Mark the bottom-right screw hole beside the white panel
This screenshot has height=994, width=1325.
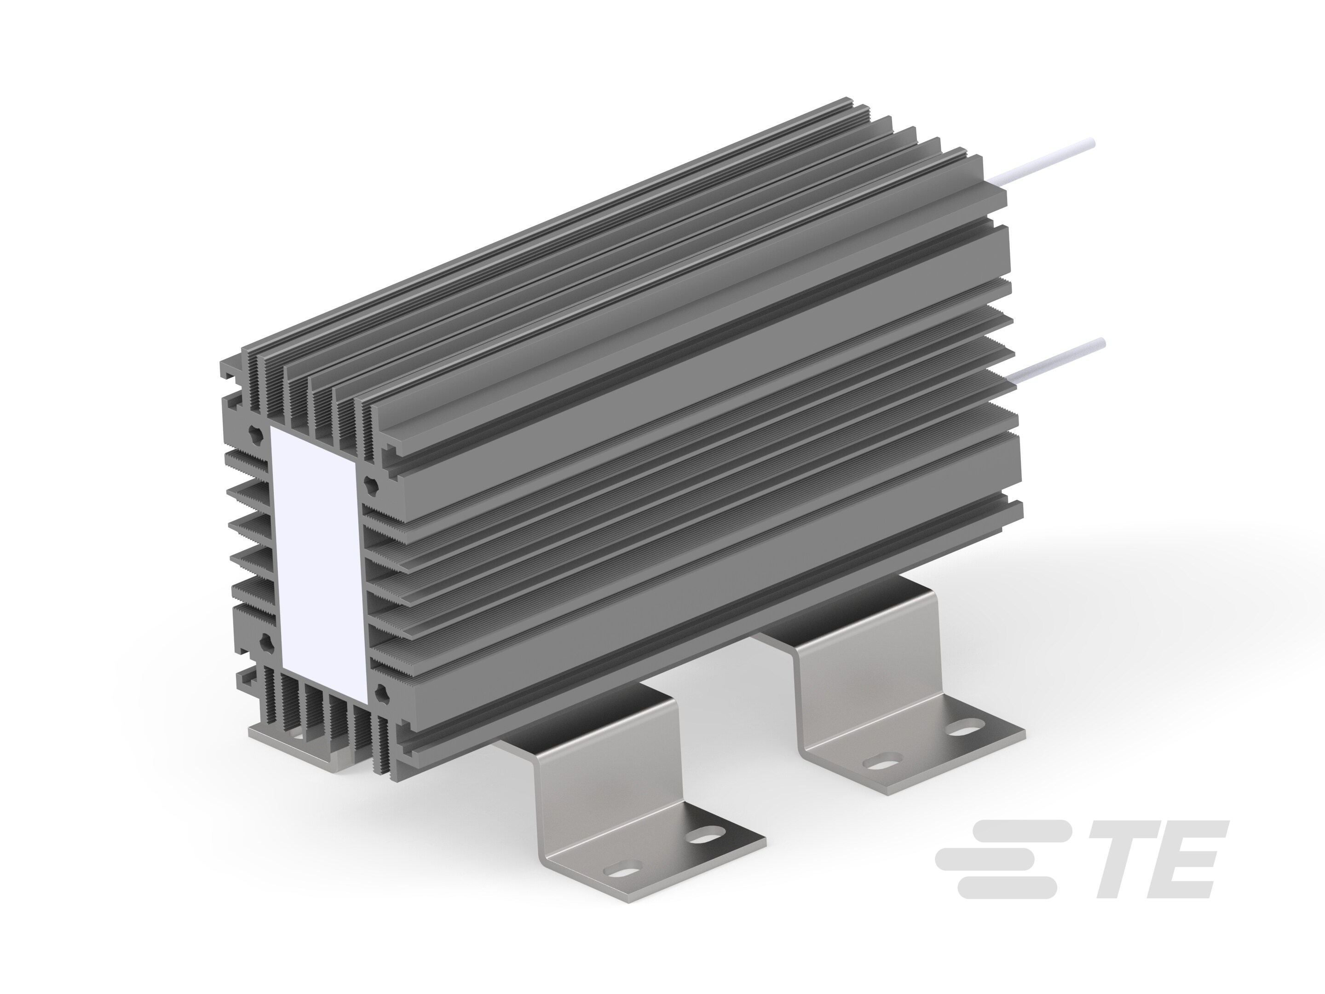pyautogui.click(x=380, y=695)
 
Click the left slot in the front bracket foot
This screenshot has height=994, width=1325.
pyautogui.click(x=617, y=886)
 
